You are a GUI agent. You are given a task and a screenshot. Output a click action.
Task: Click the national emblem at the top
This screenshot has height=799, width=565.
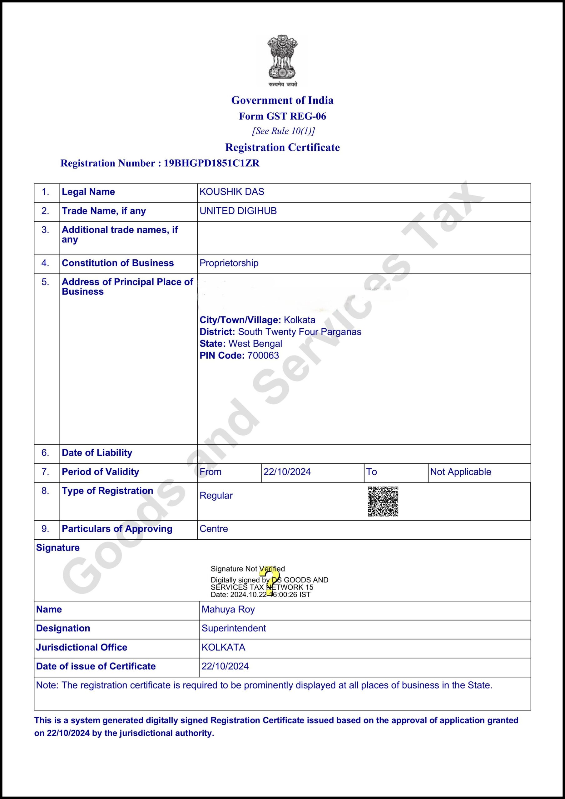pos(282,60)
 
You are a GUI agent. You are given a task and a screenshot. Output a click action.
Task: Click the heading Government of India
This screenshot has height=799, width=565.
pos(282,100)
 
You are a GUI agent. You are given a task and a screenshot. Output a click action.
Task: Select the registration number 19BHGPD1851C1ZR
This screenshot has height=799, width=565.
pos(211,163)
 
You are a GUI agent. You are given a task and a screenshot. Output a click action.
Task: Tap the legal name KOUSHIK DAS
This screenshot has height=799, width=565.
pos(232,192)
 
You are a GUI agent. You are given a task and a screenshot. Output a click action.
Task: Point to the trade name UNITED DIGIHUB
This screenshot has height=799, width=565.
pos(238,211)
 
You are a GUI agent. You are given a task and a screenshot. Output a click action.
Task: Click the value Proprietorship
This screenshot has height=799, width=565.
pos(229,263)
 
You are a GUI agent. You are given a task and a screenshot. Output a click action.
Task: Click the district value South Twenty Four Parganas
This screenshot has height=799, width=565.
pos(300,332)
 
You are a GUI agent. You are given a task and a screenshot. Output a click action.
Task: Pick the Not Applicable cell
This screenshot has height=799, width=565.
pos(460,472)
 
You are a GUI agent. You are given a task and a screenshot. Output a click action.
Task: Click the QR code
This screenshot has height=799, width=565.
pos(383,502)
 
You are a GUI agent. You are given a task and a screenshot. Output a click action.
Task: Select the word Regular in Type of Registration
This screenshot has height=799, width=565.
pos(216,496)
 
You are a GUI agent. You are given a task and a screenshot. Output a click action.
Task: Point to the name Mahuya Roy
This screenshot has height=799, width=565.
pos(228,609)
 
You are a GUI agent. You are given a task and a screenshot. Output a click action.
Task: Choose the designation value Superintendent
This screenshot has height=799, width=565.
pos(233,628)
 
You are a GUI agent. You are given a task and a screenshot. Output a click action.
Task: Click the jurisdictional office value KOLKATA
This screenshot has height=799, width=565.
pos(223,647)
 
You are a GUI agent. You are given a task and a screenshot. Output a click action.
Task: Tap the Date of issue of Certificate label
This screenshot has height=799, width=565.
pos(96,666)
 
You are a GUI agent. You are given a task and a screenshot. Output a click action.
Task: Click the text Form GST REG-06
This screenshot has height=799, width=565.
pos(282,116)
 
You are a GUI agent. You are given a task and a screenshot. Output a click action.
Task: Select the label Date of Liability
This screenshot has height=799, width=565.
pos(97,453)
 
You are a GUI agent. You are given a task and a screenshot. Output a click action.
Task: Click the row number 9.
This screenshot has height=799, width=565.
pos(45,529)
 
